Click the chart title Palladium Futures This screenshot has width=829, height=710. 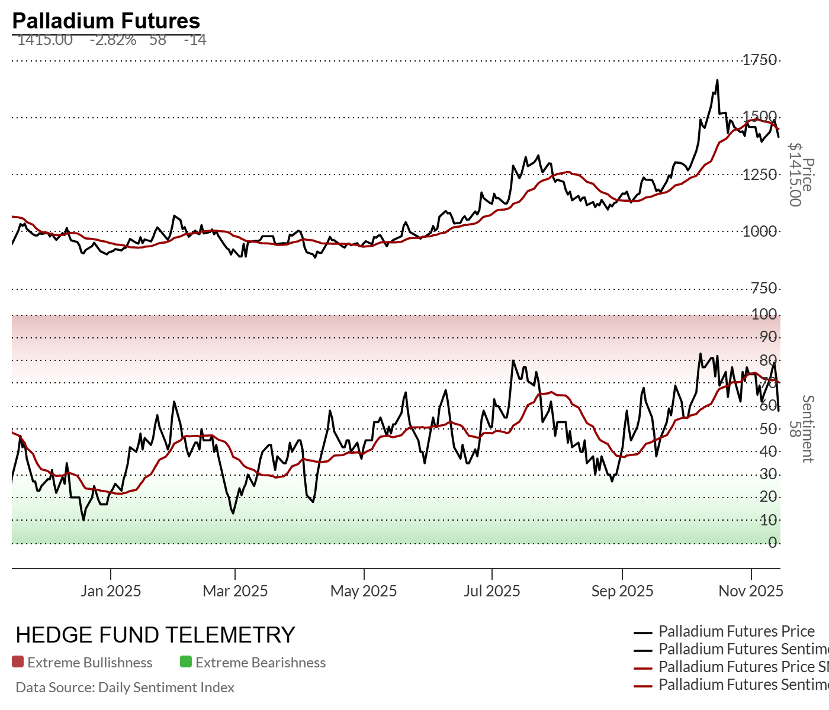tap(106, 21)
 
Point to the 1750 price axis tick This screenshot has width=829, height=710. tap(760, 60)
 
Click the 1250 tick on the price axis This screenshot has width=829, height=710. tap(760, 175)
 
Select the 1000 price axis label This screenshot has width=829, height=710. tap(760, 231)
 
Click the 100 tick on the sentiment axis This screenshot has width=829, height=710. tap(764, 314)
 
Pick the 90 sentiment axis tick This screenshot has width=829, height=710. tap(769, 337)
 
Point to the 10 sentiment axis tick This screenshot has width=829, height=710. tap(769, 520)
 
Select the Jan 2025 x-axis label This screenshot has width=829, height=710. tap(111, 591)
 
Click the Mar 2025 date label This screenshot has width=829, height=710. tap(235, 591)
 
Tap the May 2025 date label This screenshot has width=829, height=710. tap(364, 591)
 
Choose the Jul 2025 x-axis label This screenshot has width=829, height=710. tap(492, 591)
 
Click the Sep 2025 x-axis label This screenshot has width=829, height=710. tap(622, 591)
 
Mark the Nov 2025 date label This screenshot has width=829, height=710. tap(751, 591)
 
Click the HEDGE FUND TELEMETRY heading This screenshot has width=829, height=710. tap(155, 635)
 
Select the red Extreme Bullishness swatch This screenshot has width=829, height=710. tap(18, 662)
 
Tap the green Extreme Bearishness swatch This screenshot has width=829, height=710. tap(186, 662)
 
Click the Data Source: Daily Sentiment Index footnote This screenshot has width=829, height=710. tap(125, 688)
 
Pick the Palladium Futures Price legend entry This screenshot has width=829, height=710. tap(737, 631)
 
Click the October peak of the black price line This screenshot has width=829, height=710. tap(717, 80)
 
